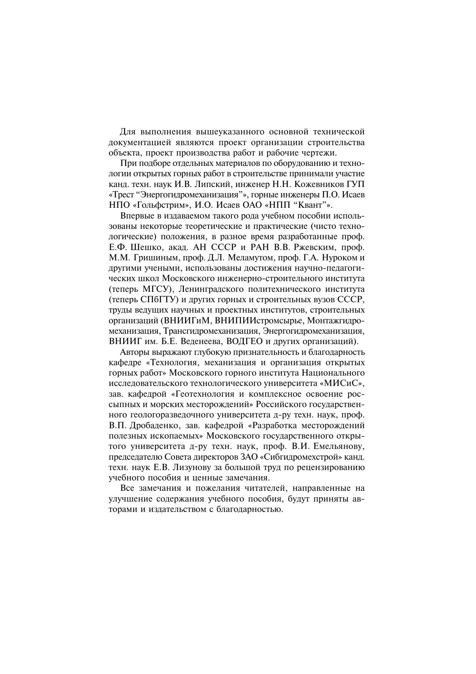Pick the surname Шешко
point(145,247)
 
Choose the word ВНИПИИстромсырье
point(259,320)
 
